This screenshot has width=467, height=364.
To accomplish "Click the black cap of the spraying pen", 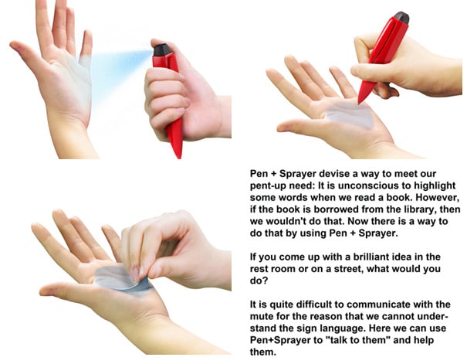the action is (162, 49).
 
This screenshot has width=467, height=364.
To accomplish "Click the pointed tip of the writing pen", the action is (359, 102).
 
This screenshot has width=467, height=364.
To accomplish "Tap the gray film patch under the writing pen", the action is (350, 115).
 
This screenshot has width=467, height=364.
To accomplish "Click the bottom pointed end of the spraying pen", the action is (179, 156).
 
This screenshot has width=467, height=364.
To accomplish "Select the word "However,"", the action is (438, 197).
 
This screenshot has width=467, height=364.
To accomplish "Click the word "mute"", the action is (261, 316).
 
